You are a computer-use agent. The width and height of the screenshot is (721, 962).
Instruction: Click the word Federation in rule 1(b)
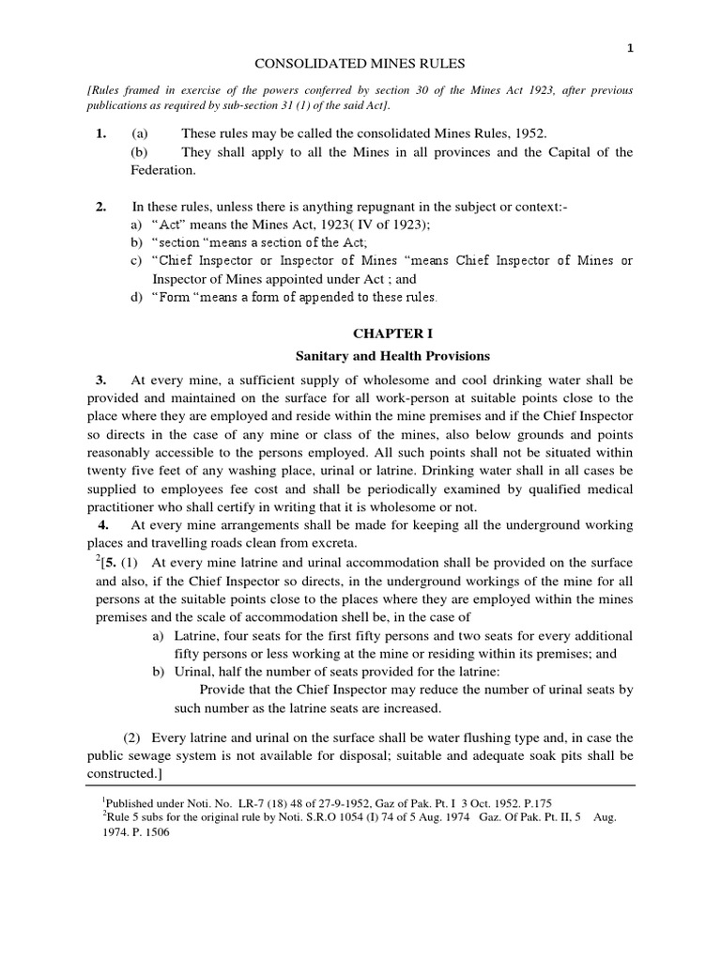[163, 172]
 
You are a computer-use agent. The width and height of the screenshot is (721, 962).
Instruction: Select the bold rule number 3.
[100, 380]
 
